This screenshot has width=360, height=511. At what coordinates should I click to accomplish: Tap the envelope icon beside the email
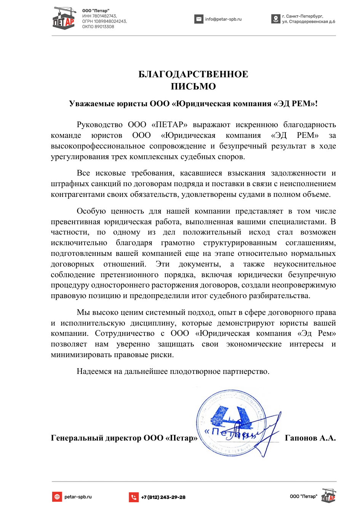point(199,19)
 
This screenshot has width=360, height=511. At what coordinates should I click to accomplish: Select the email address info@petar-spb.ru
point(223,19)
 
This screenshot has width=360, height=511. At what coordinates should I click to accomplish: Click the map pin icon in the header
point(276,19)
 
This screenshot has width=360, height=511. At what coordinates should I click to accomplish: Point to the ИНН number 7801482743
point(104,16)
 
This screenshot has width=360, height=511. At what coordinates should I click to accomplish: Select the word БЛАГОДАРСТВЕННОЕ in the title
point(193,74)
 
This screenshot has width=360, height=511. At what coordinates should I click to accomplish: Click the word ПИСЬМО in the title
point(193,86)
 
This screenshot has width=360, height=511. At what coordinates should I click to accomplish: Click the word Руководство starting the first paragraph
point(99,125)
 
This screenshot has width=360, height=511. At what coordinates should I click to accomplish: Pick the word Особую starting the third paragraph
point(91,211)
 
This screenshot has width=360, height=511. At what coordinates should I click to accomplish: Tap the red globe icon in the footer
point(57,497)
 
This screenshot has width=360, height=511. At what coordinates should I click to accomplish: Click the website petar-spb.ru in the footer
point(78,497)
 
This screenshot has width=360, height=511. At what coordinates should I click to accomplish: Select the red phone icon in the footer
point(134,497)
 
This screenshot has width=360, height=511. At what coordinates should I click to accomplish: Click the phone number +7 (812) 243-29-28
point(163,497)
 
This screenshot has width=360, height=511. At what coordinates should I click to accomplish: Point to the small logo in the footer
point(329,495)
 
